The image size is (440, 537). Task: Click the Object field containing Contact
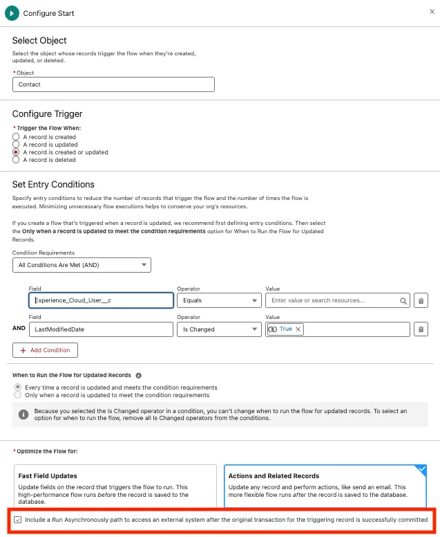click(x=113, y=84)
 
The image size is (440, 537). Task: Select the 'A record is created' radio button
click(x=16, y=137)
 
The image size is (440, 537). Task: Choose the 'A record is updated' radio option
click(x=16, y=145)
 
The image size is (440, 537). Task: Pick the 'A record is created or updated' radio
click(x=16, y=152)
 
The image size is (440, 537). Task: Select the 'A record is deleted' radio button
click(x=16, y=160)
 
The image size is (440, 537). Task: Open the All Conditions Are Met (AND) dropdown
click(x=82, y=264)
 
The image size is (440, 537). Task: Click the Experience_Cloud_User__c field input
click(x=101, y=300)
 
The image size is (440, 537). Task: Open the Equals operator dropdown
click(x=218, y=300)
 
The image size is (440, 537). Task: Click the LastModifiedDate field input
click(x=101, y=329)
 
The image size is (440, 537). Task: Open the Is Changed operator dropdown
click(x=218, y=329)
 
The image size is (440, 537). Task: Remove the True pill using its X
click(x=298, y=329)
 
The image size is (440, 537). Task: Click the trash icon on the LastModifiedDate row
click(x=421, y=329)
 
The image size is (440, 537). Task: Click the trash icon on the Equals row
click(x=421, y=300)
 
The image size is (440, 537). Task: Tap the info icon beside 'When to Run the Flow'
click(x=139, y=375)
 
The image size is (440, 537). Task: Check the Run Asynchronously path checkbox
click(x=17, y=520)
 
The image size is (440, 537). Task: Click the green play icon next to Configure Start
click(x=12, y=12)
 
